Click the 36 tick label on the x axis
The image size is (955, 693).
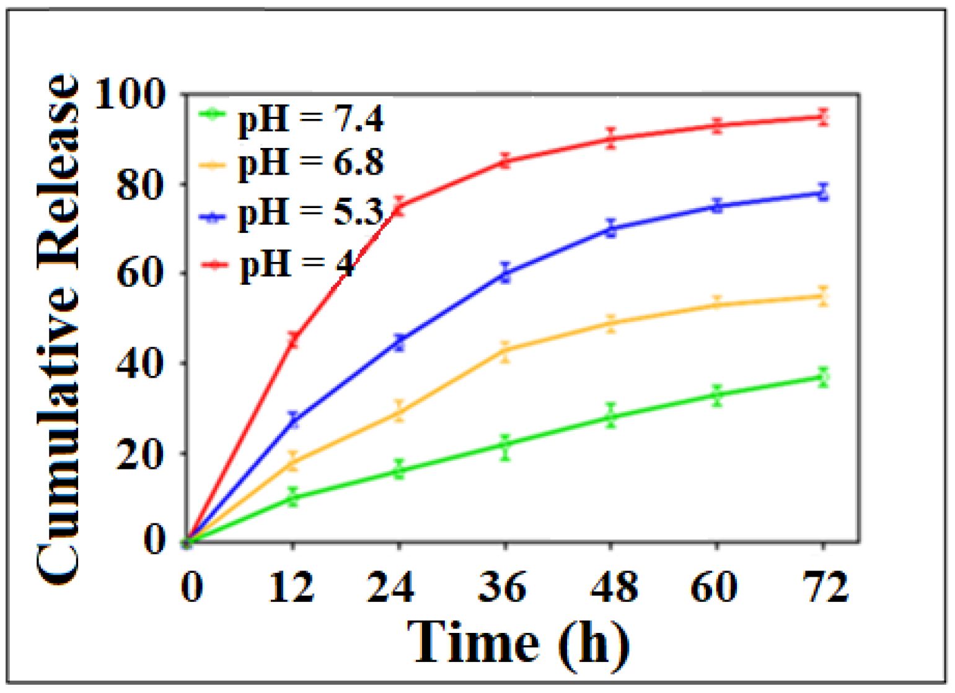[x=503, y=586]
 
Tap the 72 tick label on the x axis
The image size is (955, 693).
[x=825, y=586]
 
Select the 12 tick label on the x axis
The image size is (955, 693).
[x=291, y=586]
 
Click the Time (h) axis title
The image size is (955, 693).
[x=518, y=643]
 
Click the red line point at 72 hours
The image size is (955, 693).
[x=823, y=116]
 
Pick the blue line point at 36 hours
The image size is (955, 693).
[x=505, y=273]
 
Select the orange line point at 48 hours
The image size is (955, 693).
[x=611, y=323]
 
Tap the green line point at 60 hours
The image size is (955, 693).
[x=717, y=394]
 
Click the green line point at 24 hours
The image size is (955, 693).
[x=399, y=471]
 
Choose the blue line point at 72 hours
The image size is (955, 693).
[x=823, y=193]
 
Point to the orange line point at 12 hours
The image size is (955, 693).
[x=293, y=461]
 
